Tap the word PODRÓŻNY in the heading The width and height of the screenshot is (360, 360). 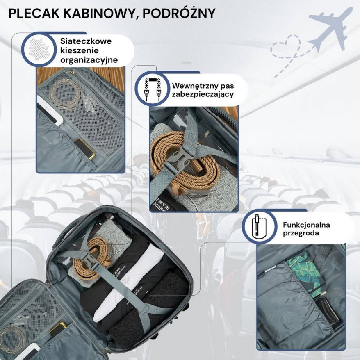click(x=179, y=13)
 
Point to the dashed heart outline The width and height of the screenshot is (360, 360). click(x=286, y=47)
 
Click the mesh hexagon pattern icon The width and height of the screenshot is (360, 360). click(x=39, y=49)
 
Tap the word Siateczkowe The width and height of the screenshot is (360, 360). click(x=86, y=41)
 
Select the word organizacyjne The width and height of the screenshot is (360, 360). click(x=89, y=60)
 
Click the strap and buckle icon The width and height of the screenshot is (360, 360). click(x=152, y=89)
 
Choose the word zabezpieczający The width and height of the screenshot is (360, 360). click(x=203, y=94)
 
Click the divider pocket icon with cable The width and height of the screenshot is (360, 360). click(x=259, y=227)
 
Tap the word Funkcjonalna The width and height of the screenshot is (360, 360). click(x=306, y=225)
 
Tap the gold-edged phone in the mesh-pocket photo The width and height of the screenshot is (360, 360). click(x=84, y=149)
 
